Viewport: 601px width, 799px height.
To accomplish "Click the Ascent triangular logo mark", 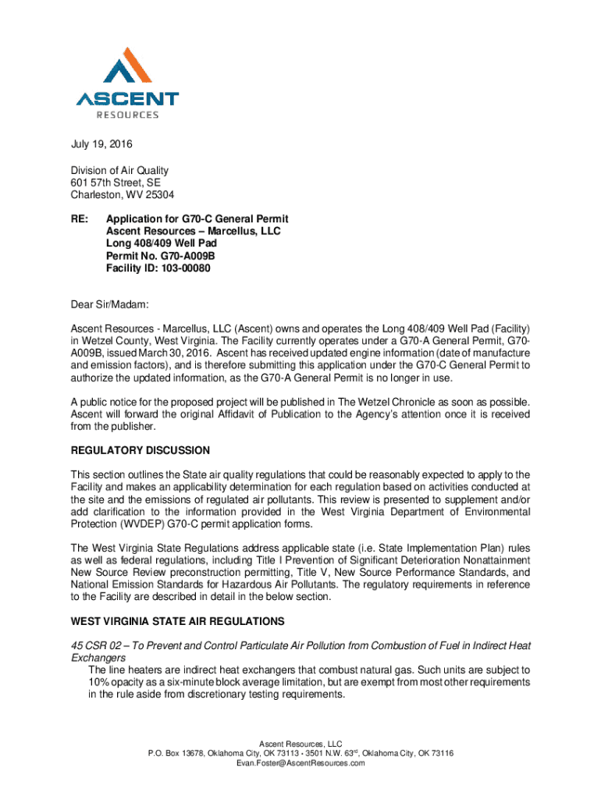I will click(x=127, y=67).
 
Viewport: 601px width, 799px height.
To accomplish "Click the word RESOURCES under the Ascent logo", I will click(x=127, y=115).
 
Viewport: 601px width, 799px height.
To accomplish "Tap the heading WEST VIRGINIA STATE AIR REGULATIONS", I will click(x=177, y=622).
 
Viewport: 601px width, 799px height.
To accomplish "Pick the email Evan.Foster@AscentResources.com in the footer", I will click(x=300, y=763).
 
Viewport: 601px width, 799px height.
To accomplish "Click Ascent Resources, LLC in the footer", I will click(x=300, y=742).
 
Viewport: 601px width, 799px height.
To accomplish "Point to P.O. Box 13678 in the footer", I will click(x=179, y=753).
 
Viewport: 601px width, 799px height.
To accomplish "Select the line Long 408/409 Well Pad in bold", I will click(x=161, y=244).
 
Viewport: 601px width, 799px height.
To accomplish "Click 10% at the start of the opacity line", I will click(x=98, y=683).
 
